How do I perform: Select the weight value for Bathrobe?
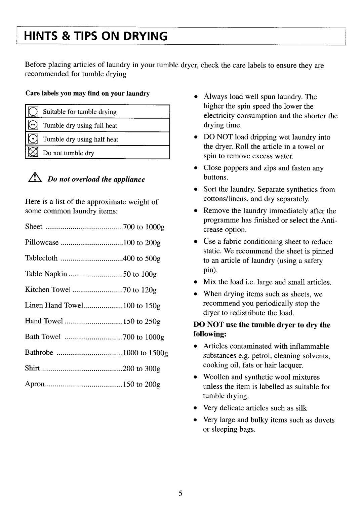point(145,353)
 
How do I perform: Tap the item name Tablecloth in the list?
point(41,258)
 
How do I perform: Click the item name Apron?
point(35,384)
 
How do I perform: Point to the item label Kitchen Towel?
point(48,289)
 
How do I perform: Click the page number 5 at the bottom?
point(180,494)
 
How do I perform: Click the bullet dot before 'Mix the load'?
point(195,282)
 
